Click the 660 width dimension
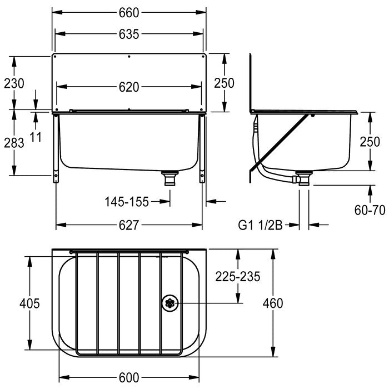pos(129,13)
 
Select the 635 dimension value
pos(129,34)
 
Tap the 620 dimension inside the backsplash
pos(129,87)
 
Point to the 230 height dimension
pos(14,83)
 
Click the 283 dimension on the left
pos(14,143)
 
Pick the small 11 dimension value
pos(36,137)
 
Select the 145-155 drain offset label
pos(127,202)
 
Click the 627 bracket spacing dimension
pos(129,225)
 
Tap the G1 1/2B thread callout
pos(260,226)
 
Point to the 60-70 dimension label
pos(370,211)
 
